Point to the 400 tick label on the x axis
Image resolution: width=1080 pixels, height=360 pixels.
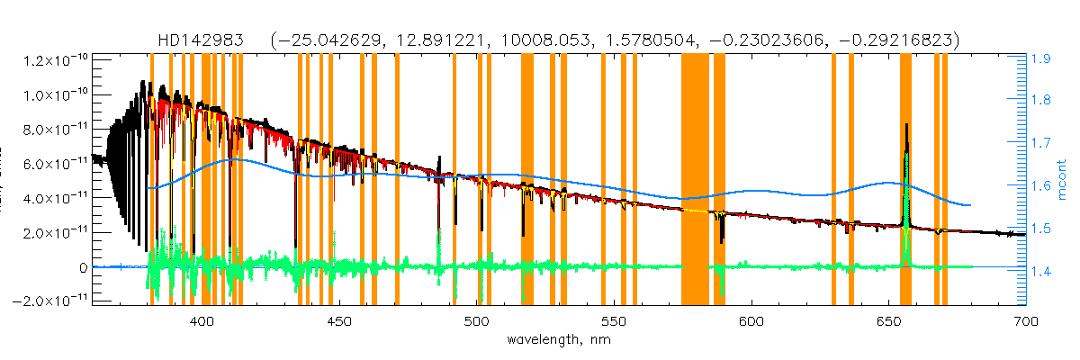[202, 321]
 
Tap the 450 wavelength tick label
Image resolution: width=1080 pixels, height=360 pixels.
[338, 321]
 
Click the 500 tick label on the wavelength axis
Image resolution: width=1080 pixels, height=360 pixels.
[476, 321]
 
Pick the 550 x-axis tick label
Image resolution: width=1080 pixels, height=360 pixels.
[613, 321]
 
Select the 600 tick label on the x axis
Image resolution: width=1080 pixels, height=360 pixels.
[751, 321]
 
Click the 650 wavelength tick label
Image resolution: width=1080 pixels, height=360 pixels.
[888, 321]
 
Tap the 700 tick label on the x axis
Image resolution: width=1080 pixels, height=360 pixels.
[1025, 321]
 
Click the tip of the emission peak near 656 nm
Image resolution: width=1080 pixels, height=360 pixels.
[906, 125]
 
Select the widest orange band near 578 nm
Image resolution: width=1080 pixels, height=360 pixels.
[696, 180]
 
